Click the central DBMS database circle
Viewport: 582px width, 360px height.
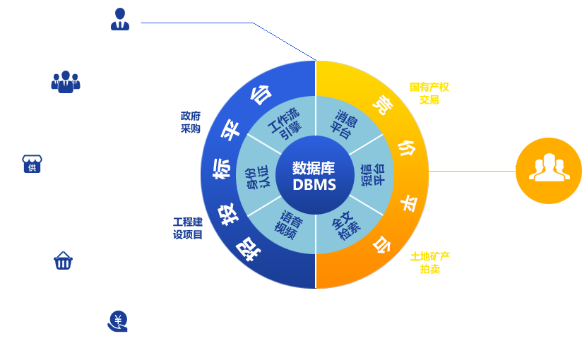[x=315, y=176]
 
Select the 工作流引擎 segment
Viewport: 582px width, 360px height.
[x=284, y=124]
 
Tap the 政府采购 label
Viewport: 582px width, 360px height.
[x=191, y=121]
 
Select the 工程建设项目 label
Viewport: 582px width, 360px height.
[x=188, y=228]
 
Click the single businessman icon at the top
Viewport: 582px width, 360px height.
[x=120, y=20]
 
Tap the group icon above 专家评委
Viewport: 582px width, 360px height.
[x=66, y=82]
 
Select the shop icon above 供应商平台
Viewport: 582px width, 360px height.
[x=32, y=164]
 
